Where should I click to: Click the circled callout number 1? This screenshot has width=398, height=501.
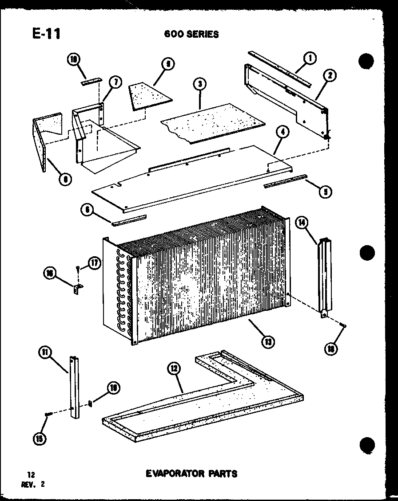click(x=310, y=58)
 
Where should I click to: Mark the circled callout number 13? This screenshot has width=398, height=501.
click(x=268, y=341)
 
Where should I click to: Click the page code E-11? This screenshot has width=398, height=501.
click(x=46, y=33)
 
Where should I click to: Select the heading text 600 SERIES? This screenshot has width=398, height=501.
click(x=191, y=34)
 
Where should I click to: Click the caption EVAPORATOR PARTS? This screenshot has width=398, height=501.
click(x=192, y=474)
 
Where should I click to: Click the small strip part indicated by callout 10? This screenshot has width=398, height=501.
click(x=91, y=81)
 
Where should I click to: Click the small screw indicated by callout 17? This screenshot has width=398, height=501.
click(x=78, y=268)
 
